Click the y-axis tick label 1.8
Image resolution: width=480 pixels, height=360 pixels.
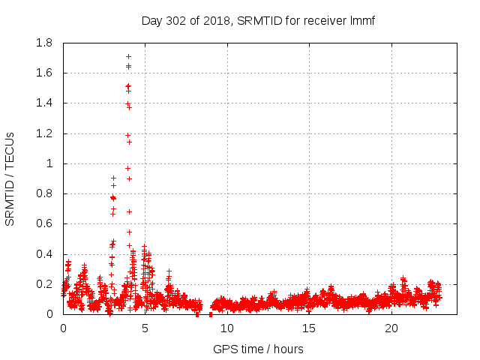point(44,43)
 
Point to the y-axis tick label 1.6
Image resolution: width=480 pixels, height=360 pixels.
point(44,73)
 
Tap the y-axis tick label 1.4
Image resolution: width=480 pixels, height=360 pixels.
point(44,103)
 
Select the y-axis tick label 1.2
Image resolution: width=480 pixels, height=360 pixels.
point(44,133)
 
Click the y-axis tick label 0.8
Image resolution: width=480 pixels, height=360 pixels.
point(44,193)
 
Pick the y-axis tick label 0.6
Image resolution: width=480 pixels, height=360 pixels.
point(44,223)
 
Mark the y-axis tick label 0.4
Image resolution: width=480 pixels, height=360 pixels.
point(44,254)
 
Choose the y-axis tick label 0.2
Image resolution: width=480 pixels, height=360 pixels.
point(44,284)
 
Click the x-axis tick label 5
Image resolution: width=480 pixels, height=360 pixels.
point(145,328)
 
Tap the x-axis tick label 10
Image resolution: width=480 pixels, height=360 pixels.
point(227,328)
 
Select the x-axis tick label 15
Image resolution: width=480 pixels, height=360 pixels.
point(309,328)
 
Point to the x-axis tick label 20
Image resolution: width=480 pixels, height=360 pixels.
point(391,328)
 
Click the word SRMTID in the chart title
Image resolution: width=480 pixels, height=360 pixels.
point(259,20)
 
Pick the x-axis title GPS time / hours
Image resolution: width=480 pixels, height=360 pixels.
point(258,349)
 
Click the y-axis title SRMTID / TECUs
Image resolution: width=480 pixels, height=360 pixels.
point(10,178)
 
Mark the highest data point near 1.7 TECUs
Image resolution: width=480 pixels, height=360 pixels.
point(128,56)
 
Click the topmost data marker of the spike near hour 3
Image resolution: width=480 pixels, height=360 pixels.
point(113,178)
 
